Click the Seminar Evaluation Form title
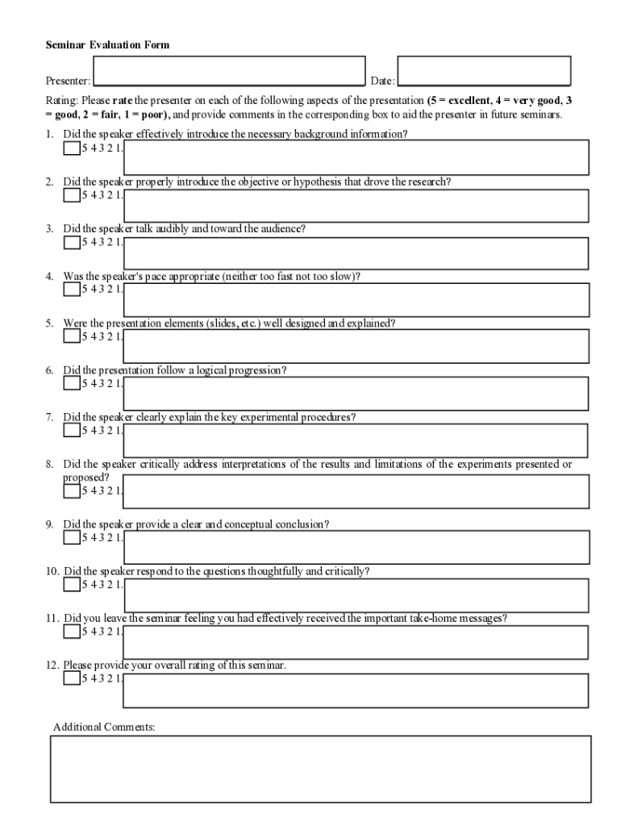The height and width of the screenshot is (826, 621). click(x=107, y=45)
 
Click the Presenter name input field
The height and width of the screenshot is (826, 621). click(x=229, y=71)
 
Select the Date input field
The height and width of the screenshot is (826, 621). click(x=484, y=70)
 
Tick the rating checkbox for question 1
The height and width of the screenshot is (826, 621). click(x=72, y=148)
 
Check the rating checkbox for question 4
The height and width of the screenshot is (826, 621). click(x=72, y=289)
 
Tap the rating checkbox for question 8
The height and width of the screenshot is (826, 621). click(x=72, y=490)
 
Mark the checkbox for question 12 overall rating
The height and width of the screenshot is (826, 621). click(x=72, y=678)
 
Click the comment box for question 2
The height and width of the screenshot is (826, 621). click(x=356, y=205)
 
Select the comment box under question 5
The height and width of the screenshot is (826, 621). click(x=356, y=346)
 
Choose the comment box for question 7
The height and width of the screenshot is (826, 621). click(x=356, y=440)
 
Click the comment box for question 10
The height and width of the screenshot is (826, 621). click(x=356, y=595)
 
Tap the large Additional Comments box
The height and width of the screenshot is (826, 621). click(x=320, y=769)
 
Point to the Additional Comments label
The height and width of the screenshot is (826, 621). click(x=104, y=727)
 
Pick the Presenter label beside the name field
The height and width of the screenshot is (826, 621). click(x=68, y=81)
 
